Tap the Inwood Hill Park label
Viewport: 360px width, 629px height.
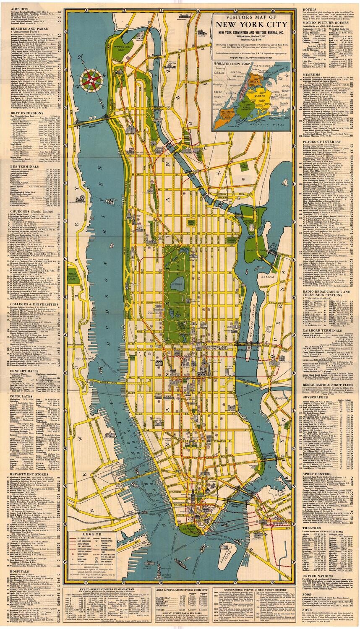[x=125, y=43]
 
